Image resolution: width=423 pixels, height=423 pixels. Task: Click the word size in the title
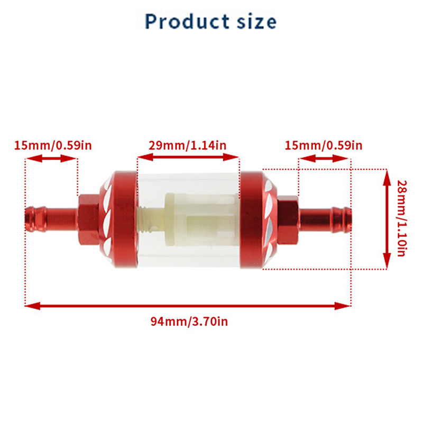coord(256,21)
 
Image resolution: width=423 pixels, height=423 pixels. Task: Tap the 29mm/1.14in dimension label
coord(188,145)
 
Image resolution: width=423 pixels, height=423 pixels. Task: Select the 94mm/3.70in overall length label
coord(189,321)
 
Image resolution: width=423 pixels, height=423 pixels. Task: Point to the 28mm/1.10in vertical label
coord(402,218)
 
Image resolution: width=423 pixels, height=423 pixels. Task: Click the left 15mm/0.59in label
coord(53,145)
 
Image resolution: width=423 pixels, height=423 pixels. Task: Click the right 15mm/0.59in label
coord(324,145)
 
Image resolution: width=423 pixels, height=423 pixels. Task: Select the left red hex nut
coord(88,219)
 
